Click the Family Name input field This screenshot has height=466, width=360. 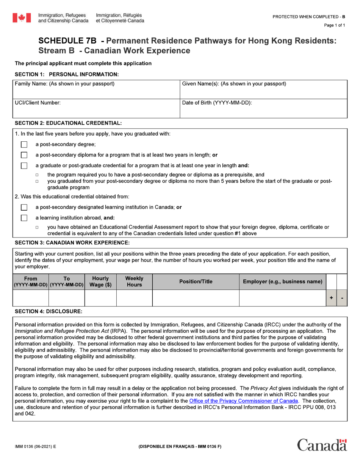click(95, 93)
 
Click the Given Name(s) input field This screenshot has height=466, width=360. click(263, 93)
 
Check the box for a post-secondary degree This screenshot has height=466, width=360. click(24, 144)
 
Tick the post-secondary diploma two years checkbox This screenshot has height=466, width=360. click(24, 155)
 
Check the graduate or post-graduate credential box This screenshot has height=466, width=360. click(24, 166)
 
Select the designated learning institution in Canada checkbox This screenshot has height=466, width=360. click(24, 207)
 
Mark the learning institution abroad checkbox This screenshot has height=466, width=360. click(24, 218)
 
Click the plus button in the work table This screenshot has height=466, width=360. click(332, 298)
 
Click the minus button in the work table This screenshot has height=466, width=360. click(342, 298)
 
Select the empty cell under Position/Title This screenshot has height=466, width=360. click(196, 298)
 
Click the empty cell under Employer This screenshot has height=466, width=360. click(282, 298)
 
